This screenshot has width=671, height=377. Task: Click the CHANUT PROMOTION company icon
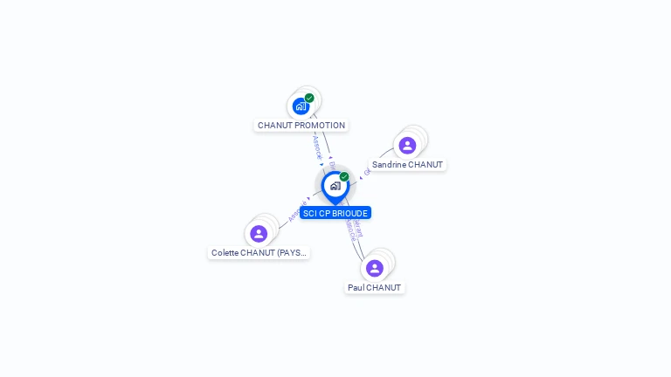tap(301, 106)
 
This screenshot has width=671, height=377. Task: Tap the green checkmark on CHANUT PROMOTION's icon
tap(309, 98)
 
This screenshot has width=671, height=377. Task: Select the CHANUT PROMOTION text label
tap(301, 125)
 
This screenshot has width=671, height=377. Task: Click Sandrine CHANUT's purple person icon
tap(407, 145)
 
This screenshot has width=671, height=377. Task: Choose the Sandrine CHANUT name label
tap(407, 164)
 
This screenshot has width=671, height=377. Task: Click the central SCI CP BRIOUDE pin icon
tap(335, 186)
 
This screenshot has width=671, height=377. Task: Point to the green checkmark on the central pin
tap(344, 177)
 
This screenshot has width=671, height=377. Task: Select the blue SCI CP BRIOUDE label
tap(335, 213)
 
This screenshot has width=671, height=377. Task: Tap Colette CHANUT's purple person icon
tap(259, 233)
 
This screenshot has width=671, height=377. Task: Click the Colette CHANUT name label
tap(259, 252)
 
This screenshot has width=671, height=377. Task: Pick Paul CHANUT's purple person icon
tap(375, 268)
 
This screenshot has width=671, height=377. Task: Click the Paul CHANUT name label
tap(374, 287)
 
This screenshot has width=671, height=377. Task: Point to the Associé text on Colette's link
tap(294, 214)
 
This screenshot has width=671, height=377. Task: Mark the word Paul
tap(356, 287)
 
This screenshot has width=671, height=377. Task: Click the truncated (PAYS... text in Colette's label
tap(291, 252)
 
